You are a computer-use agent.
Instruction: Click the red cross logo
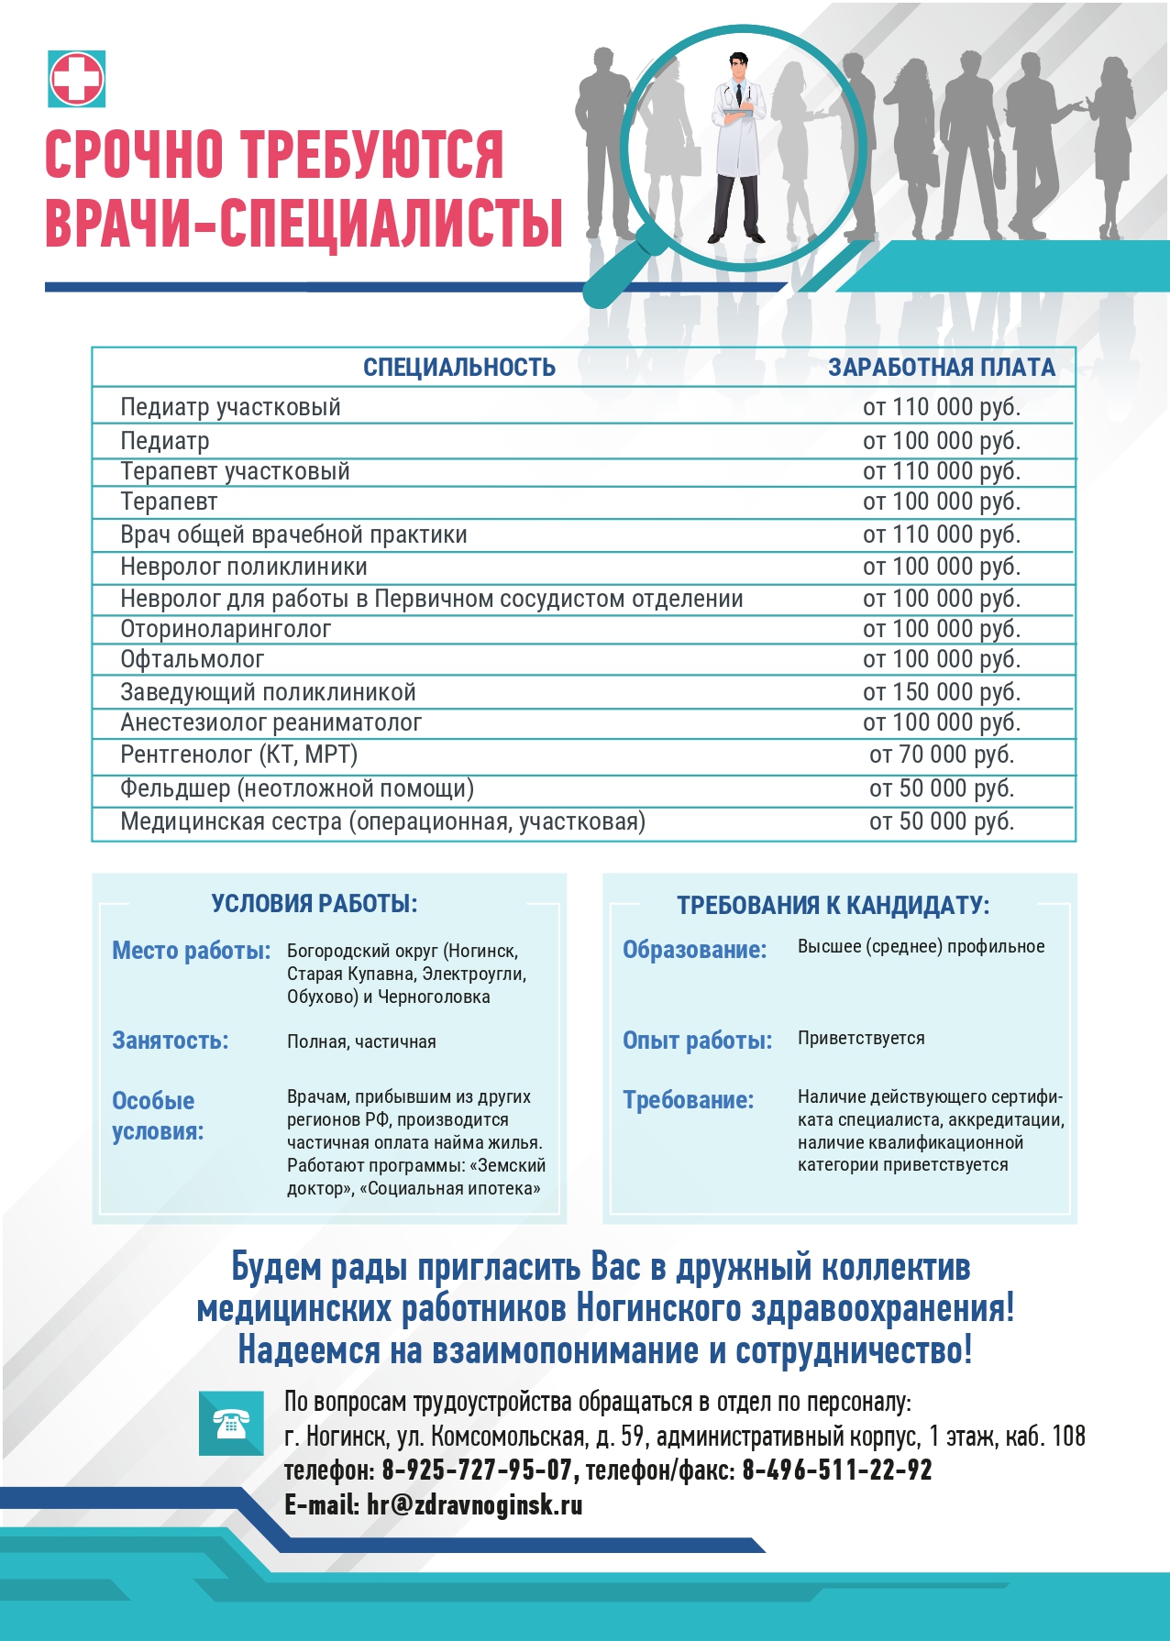(77, 79)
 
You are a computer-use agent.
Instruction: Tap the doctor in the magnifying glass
(739, 147)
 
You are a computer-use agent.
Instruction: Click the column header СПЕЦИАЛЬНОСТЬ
(459, 368)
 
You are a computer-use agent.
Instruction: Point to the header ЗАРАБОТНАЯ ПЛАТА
(942, 368)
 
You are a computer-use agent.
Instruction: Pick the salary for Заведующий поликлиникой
(942, 692)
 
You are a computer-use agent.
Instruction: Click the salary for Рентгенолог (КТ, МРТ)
(942, 754)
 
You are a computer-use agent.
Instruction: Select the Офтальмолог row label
(193, 659)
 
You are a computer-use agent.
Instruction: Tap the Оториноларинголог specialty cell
(226, 629)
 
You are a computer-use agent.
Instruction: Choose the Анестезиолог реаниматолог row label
(271, 722)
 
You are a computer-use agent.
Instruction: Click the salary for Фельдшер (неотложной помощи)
(942, 788)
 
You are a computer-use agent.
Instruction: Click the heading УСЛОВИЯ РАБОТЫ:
(315, 904)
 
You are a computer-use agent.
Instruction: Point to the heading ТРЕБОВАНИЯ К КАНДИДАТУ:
(833, 906)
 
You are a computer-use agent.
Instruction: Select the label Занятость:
(171, 1041)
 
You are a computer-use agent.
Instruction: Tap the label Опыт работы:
(698, 1041)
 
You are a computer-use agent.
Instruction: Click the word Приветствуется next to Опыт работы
(861, 1038)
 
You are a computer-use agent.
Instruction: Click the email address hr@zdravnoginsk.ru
(474, 1505)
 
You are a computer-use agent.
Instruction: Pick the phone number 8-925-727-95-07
(477, 1470)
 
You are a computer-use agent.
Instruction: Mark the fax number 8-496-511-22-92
(837, 1470)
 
